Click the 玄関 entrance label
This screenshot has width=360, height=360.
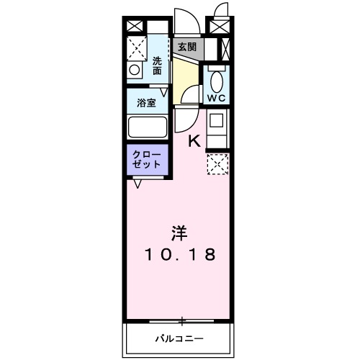point(187,48)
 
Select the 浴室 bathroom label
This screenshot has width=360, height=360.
point(146,102)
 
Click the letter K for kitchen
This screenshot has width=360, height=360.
point(194,140)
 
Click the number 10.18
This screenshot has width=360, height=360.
point(180,254)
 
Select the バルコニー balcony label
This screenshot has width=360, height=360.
point(179,338)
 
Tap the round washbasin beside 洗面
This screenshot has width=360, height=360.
point(135,71)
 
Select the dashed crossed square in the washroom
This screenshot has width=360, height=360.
point(137,48)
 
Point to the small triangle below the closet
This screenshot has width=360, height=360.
point(138,183)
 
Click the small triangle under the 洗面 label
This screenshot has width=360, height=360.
point(165,91)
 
